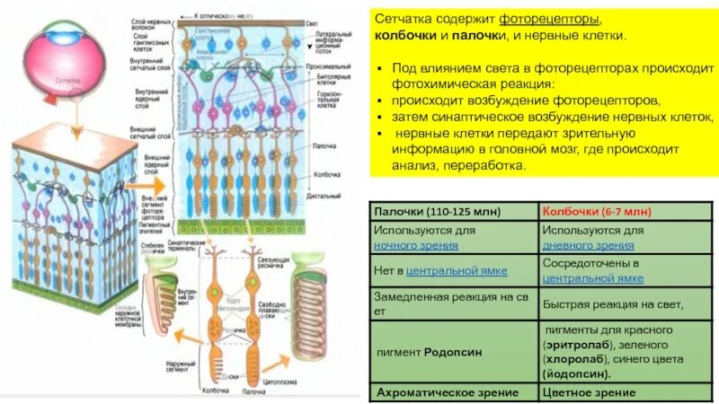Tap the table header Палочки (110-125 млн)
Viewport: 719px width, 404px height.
424,211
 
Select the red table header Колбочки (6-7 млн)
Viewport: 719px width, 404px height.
596,211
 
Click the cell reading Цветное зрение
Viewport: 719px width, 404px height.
589,392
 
